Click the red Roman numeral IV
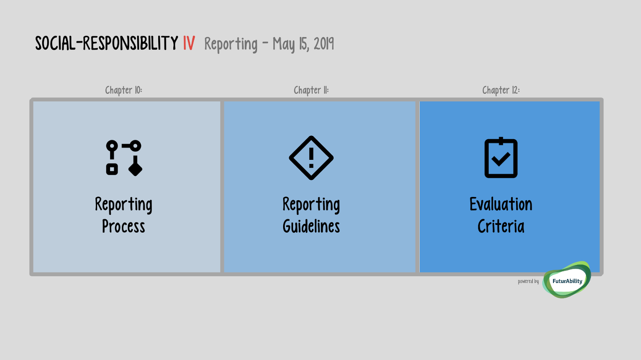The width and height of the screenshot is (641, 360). tap(189, 43)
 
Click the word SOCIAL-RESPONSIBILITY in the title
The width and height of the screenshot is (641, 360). tap(107, 43)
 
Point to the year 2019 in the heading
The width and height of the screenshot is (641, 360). tap(324, 44)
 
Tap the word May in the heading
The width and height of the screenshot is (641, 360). tap(283, 45)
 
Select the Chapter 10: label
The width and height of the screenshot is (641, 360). tap(124, 90)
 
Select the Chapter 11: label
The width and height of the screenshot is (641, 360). tap(311, 90)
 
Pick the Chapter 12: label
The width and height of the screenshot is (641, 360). tap(501, 90)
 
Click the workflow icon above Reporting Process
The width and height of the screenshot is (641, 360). tap(124, 158)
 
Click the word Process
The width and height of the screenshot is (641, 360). tap(124, 226)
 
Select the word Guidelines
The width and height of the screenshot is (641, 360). tap(311, 226)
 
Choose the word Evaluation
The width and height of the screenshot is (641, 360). tap(501, 204)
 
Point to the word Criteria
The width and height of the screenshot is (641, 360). tap(501, 226)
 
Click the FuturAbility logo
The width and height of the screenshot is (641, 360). tap(567, 280)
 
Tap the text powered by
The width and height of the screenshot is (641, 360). tap(528, 281)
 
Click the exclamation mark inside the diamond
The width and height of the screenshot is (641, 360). tap(311, 158)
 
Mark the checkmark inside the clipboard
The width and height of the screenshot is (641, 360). tap(501, 159)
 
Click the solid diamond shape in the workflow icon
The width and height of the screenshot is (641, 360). tap(135, 168)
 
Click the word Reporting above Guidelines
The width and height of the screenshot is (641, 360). tap(311, 205)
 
